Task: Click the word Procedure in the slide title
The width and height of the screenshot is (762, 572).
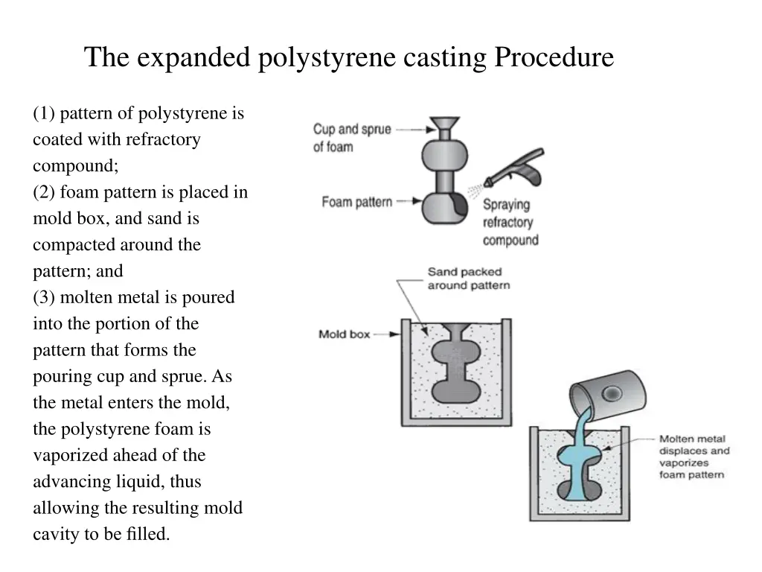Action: [x=554, y=57]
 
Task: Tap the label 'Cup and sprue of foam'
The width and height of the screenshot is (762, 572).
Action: [x=351, y=138]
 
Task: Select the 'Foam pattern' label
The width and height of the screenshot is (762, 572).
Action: [x=356, y=202]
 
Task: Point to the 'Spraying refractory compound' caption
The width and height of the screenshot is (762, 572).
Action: [x=510, y=222]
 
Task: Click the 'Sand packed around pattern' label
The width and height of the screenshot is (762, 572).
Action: [x=468, y=279]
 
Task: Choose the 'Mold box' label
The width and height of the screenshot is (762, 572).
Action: [x=344, y=334]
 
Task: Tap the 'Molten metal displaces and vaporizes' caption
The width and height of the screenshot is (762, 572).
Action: [x=694, y=457]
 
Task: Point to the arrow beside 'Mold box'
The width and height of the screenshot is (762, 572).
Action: [x=385, y=334]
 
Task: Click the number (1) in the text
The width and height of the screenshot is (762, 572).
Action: [x=44, y=114]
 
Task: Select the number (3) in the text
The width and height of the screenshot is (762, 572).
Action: [x=44, y=298]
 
